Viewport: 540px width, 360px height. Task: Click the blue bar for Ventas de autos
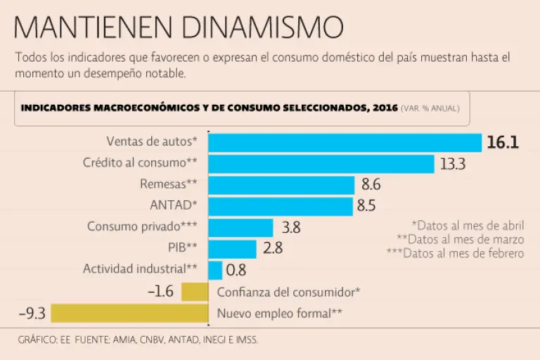point(345,143)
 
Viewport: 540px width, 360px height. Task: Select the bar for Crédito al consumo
point(321,164)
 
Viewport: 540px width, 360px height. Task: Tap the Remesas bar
point(281,185)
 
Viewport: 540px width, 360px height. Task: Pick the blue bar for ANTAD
point(281,206)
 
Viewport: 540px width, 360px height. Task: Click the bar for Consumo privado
point(240,227)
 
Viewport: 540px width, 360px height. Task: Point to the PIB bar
point(232,248)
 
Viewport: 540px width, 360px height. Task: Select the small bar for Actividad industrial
point(215,269)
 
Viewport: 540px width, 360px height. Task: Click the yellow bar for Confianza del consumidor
point(194,291)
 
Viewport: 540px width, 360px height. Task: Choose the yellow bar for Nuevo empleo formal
point(129,313)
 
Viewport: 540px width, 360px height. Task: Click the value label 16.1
point(503,143)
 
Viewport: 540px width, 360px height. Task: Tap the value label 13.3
point(453,164)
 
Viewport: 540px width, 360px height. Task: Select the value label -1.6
point(160,291)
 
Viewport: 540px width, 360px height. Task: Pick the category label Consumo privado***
point(142,226)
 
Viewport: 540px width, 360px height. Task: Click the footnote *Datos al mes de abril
point(468,226)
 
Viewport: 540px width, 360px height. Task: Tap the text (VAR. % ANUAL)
point(430,108)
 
